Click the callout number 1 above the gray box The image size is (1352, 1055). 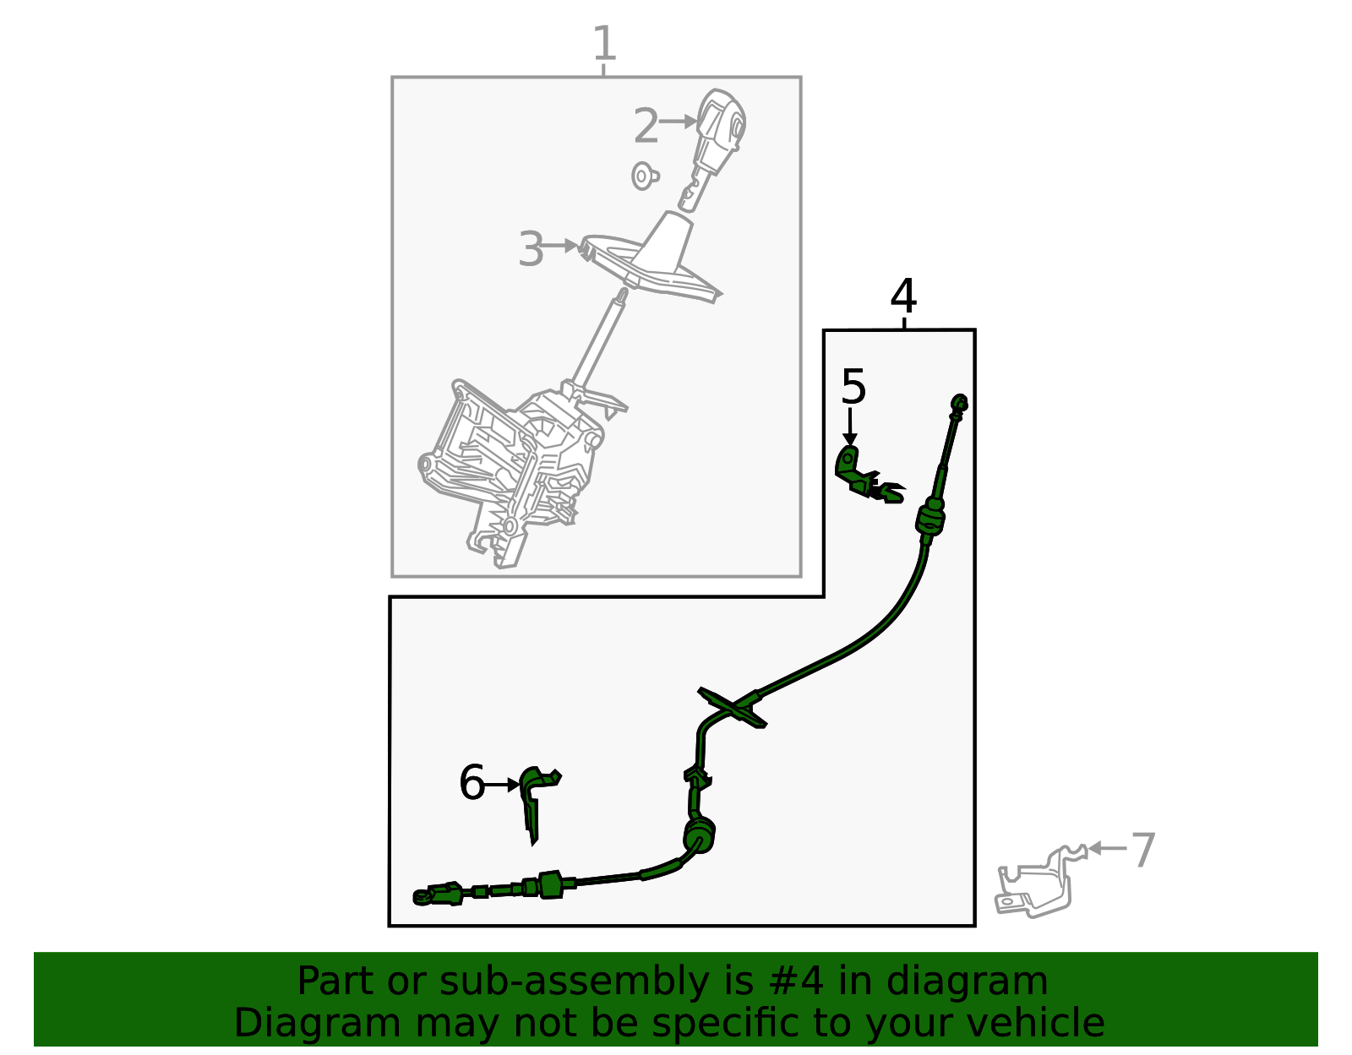pos(604,43)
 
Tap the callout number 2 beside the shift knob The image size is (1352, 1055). pos(646,126)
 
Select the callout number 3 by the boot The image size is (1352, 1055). pos(531,249)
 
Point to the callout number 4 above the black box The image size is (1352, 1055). pos(903,296)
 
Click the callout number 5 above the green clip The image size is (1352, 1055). pos(853,387)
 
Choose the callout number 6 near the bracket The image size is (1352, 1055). pos(472,782)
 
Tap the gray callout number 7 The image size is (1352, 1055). pos(1143,851)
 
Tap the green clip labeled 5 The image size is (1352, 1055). pos(867,476)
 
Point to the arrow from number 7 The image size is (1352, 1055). pos(1108,848)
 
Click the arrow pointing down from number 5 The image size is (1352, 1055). pos(850,427)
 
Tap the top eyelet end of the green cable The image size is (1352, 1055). pos(959,404)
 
